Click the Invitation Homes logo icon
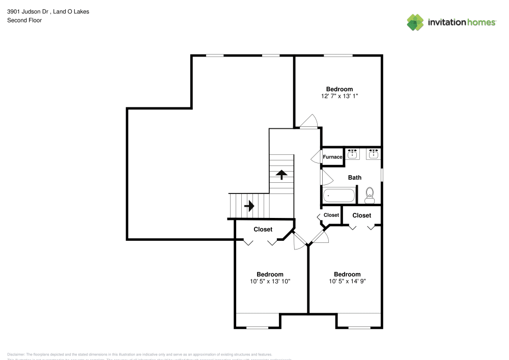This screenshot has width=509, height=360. (x=415, y=22)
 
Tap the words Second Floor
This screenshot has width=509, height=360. (x=24, y=20)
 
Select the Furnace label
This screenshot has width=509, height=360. (x=332, y=157)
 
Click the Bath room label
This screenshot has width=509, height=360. (x=355, y=178)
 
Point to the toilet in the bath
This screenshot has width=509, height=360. (x=370, y=195)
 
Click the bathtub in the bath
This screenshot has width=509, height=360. (x=339, y=196)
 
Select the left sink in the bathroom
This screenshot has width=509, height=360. (x=352, y=154)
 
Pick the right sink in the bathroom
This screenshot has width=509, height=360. (x=374, y=154)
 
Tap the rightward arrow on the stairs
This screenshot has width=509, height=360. (x=249, y=206)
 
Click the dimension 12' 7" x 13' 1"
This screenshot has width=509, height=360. (x=340, y=96)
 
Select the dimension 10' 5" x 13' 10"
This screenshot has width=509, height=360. (x=270, y=281)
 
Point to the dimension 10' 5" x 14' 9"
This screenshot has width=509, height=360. (x=347, y=281)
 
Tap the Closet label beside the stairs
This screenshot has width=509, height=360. (x=263, y=230)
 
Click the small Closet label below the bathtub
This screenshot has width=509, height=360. (x=331, y=215)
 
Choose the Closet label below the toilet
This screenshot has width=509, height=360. (x=362, y=215)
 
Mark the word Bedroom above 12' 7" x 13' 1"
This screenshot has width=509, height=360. (x=340, y=89)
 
